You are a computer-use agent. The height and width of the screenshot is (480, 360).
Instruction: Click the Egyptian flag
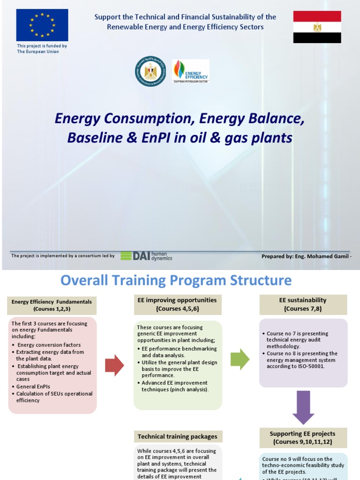coord(317,27)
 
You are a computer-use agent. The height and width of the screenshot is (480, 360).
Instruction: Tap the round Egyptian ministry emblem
coord(150,71)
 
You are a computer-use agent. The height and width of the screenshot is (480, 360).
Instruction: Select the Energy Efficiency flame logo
coord(190,71)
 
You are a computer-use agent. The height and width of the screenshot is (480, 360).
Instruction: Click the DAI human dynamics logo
coord(146,255)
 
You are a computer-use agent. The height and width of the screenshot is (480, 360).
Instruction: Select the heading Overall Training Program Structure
coord(176,281)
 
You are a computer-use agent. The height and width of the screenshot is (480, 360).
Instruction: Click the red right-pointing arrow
coord(114,365)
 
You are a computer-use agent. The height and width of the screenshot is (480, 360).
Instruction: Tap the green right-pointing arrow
coord(240,360)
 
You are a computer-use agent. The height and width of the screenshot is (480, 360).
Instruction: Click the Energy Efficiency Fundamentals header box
coord(52,305)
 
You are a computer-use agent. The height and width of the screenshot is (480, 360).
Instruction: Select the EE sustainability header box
coord(302,304)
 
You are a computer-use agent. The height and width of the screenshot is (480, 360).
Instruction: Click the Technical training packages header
coord(177,436)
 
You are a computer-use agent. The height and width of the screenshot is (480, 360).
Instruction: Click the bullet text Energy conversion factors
coord(49,345)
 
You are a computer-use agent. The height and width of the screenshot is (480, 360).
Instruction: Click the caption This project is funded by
coord(42,46)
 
